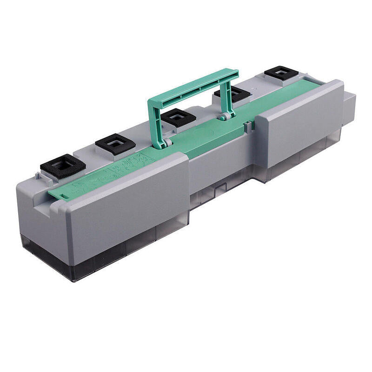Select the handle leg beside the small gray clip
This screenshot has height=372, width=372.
229,100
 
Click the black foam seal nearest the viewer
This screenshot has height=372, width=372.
63,164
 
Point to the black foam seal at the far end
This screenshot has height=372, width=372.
281,73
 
